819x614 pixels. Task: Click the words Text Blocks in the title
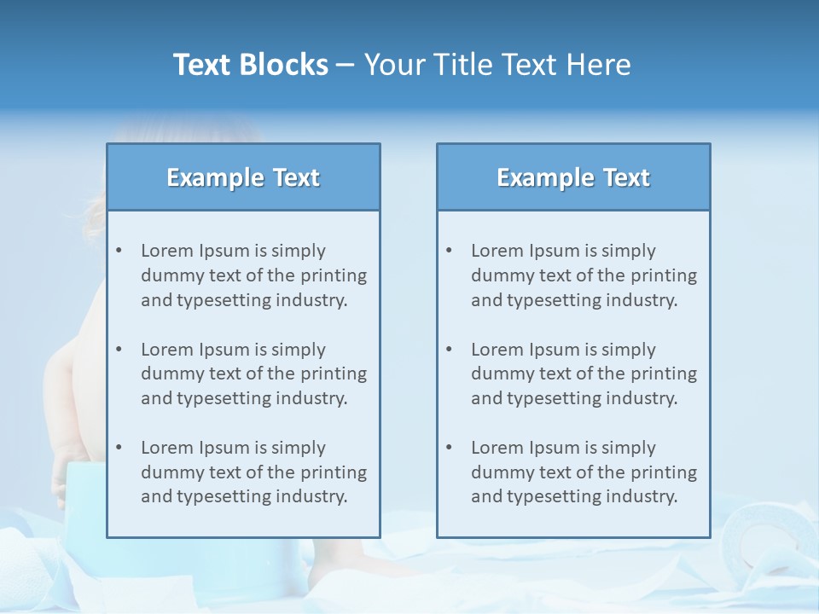tap(250, 65)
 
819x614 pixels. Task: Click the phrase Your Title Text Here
tap(497, 65)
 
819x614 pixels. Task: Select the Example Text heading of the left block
tap(243, 177)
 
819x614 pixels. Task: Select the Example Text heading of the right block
tap(573, 177)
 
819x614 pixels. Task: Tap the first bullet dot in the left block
tap(119, 251)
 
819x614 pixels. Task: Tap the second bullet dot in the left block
tap(119, 350)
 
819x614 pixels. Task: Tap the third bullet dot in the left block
tap(119, 448)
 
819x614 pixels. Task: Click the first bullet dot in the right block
tap(449, 251)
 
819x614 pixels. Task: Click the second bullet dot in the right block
tap(449, 350)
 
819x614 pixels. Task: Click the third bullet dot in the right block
tap(449, 448)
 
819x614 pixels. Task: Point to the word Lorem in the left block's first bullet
tap(167, 251)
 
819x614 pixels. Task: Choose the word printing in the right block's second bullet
tap(662, 374)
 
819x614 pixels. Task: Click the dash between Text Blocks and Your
tap(346, 65)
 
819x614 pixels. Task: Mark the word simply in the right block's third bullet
tap(629, 448)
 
